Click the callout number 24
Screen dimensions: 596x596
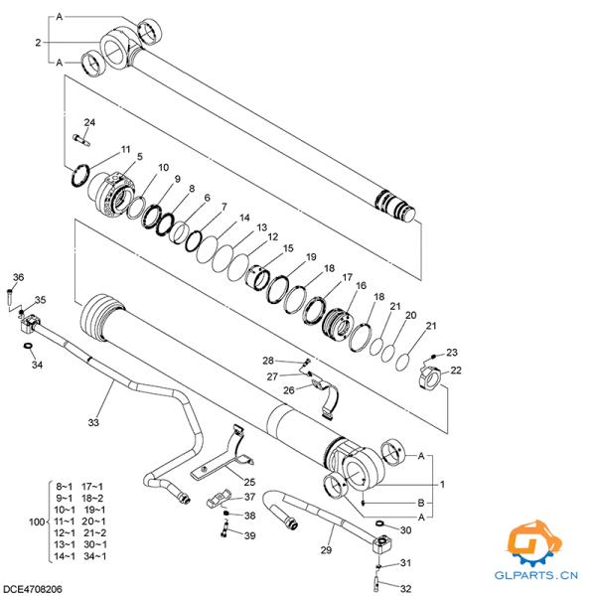(89, 122)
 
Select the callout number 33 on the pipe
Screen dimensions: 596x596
(93, 423)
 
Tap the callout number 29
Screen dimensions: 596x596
(326, 549)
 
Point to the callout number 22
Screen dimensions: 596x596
(456, 371)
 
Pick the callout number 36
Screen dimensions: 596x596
(17, 277)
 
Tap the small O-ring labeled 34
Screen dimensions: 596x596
(27, 346)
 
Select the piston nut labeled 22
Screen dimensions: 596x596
(429, 378)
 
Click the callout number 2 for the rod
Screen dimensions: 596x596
(38, 42)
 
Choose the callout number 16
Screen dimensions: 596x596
(361, 286)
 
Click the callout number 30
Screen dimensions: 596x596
(405, 530)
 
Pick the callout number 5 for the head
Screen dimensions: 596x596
(139, 157)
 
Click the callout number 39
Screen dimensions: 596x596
(249, 535)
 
